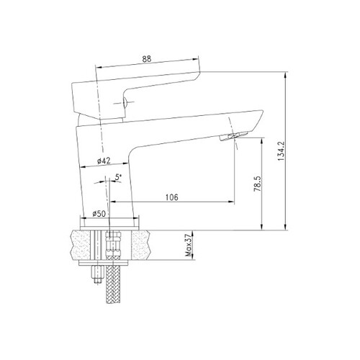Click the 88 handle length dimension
[147, 59]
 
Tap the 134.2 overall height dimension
[281, 151]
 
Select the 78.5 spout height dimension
[257, 184]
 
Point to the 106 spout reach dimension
[172, 197]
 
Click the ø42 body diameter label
[104, 161]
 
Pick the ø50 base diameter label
[99, 213]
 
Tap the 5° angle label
[118, 177]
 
